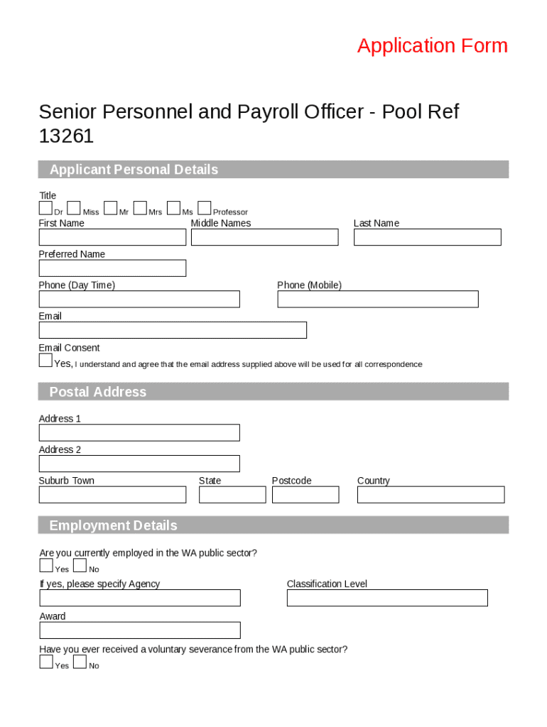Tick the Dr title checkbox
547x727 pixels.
[x=45, y=208]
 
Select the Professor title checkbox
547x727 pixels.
[x=205, y=208]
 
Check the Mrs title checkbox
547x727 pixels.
[x=140, y=208]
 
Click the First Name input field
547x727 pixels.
[x=112, y=237]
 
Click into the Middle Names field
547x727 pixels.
[x=264, y=237]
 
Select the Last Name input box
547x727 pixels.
[x=427, y=237]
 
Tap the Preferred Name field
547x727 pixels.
[x=112, y=268]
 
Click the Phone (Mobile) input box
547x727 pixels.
[x=377, y=300]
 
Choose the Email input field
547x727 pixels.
[x=173, y=330]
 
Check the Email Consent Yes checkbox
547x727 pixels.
[x=45, y=361]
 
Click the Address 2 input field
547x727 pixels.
[x=139, y=464]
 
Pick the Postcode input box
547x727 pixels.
[x=305, y=495]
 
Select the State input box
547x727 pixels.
[x=232, y=495]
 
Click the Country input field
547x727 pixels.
[x=430, y=495]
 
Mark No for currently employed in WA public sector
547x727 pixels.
[x=80, y=566]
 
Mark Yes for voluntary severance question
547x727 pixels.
[x=46, y=662]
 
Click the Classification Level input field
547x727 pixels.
[x=387, y=598]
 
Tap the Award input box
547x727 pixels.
[x=140, y=630]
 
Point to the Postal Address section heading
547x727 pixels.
[x=98, y=392]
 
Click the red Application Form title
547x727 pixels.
[x=433, y=46]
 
